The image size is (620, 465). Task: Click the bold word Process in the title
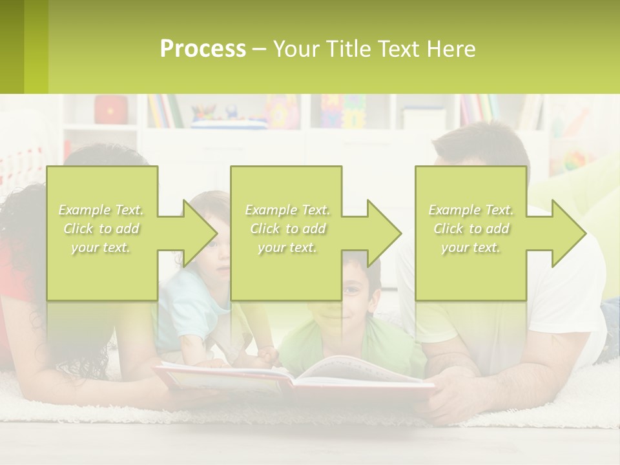point(203,49)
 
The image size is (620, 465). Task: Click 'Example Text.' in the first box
point(101,210)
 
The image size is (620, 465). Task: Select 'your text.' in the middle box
point(287,247)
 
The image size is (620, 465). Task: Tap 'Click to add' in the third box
point(471,229)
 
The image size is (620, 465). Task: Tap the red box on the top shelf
point(111,110)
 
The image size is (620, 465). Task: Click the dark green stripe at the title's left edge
point(12,46)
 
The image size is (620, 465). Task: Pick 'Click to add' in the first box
point(101,229)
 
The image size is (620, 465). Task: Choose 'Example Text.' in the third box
point(471,210)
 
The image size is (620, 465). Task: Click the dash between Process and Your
point(259,50)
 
